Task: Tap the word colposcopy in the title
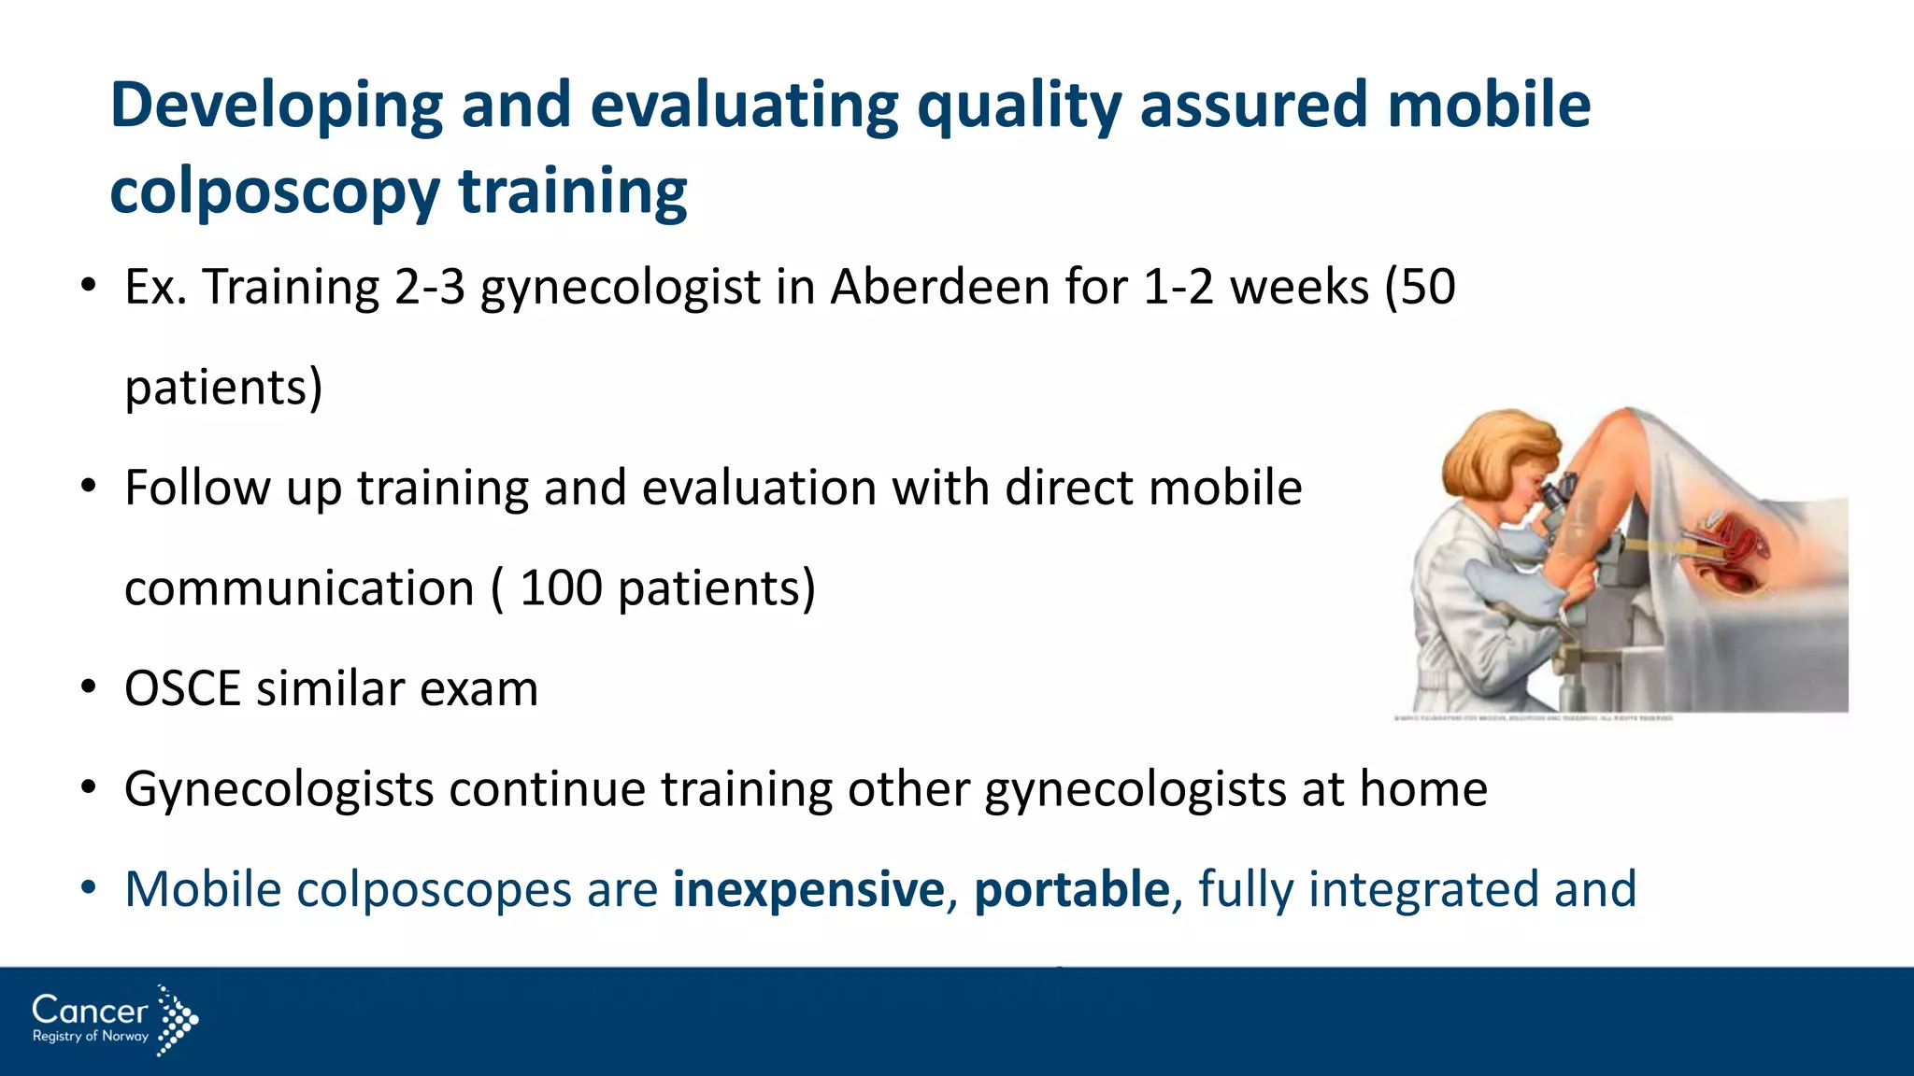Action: click(274, 192)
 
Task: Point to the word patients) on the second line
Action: click(223, 388)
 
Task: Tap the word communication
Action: click(299, 588)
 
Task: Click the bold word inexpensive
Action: click(808, 889)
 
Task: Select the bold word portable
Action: click(1071, 889)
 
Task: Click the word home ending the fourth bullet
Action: click(1422, 789)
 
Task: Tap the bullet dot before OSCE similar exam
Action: click(89, 688)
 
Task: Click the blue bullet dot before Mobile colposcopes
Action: click(89, 888)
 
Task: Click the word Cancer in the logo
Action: click(90, 1011)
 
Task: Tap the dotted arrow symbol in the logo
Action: click(177, 1020)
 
